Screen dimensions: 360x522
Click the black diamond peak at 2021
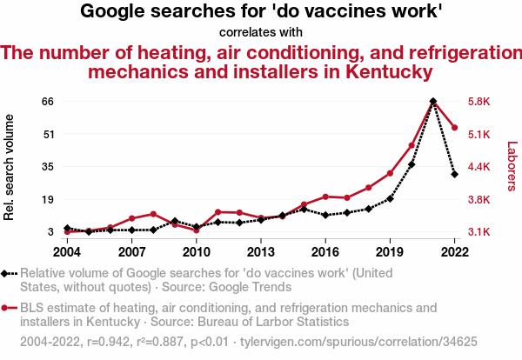pyautogui.click(x=433, y=102)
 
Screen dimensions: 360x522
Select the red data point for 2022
pyautogui.click(x=454, y=128)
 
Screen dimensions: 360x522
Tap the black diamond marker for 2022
pyautogui.click(x=454, y=174)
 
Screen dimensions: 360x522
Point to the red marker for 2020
pyautogui.click(x=412, y=145)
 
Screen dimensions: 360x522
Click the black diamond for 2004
pyautogui.click(x=67, y=228)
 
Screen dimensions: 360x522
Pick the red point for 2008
pyautogui.click(x=153, y=214)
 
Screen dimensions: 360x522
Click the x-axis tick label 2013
pyautogui.click(x=260, y=251)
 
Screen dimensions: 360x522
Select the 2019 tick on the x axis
pyautogui.click(x=390, y=251)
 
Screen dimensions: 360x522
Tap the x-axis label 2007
pyautogui.click(x=131, y=251)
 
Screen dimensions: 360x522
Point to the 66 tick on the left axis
pyautogui.click(x=48, y=102)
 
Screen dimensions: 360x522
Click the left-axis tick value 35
pyautogui.click(x=48, y=167)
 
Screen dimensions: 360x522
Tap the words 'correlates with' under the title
pyautogui.click(x=261, y=31)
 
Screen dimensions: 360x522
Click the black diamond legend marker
pyautogui.click(x=6, y=273)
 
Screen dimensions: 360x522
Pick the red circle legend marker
pyautogui.click(x=6, y=308)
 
